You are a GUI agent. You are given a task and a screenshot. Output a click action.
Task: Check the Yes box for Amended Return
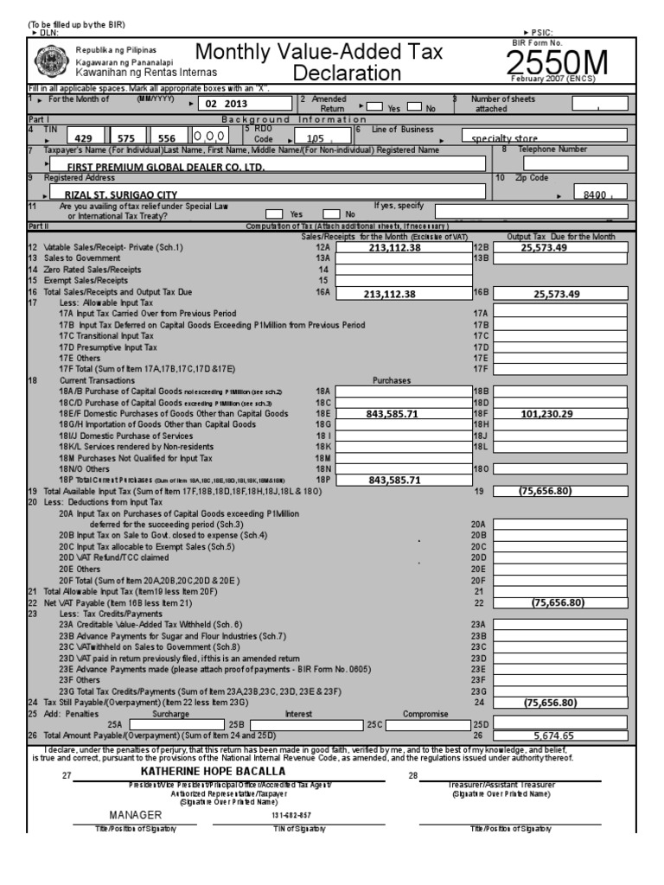click(374, 108)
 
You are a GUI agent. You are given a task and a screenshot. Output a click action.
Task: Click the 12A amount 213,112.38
click(393, 247)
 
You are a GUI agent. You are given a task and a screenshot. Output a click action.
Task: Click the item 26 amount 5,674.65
click(561, 735)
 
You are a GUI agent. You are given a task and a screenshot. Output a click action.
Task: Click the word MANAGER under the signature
click(135, 815)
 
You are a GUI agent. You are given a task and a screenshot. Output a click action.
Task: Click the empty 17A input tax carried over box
click(561, 314)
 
